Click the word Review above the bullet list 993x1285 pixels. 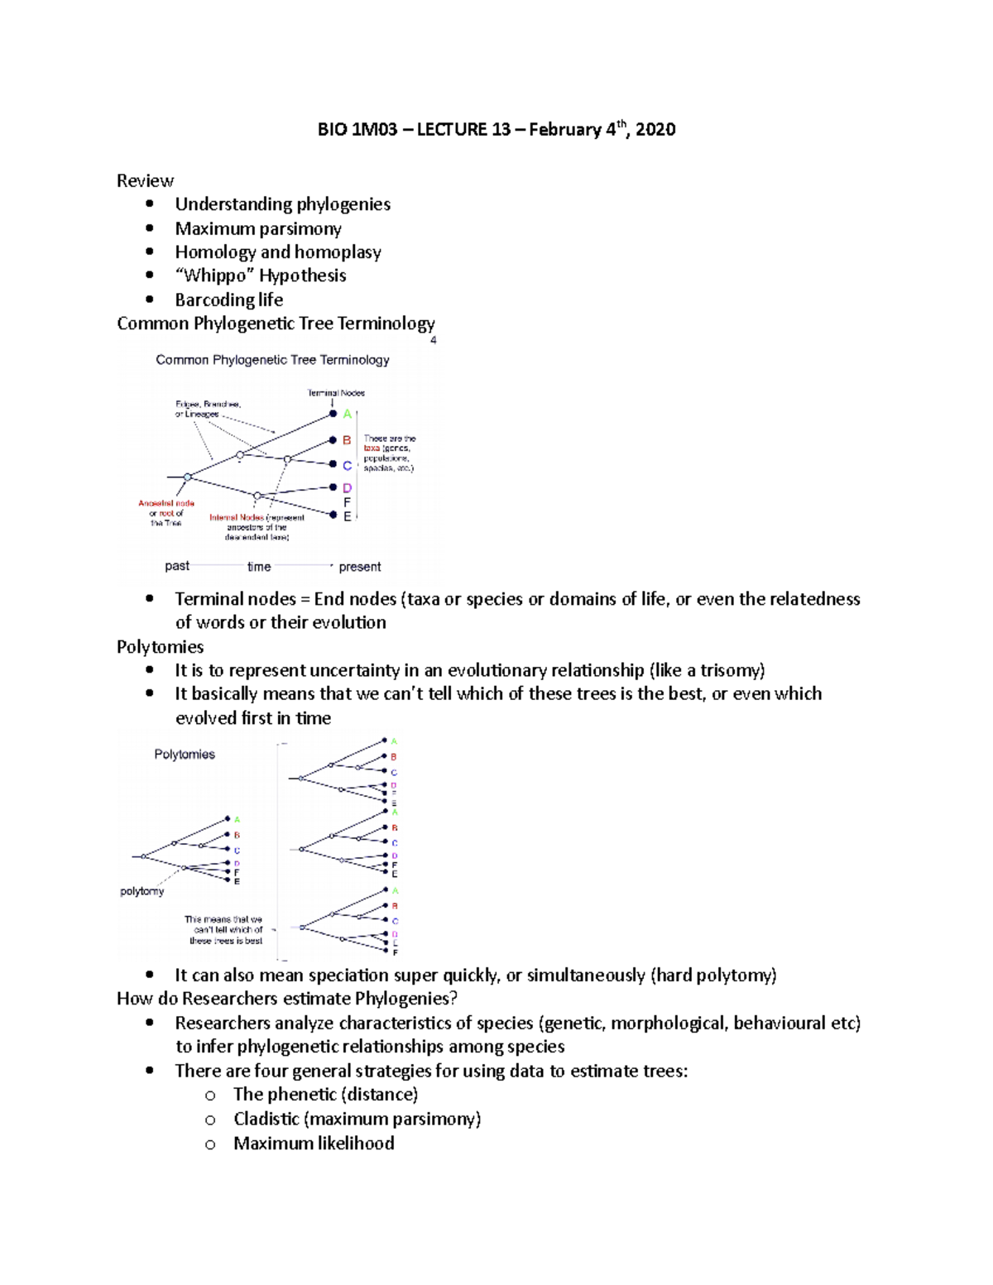(x=145, y=180)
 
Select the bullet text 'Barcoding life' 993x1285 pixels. (x=228, y=300)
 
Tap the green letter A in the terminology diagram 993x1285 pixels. (x=348, y=414)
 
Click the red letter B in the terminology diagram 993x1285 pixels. (x=347, y=440)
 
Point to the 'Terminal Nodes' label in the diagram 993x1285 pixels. (x=336, y=393)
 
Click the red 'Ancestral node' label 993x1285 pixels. (x=166, y=503)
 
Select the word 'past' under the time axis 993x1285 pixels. (x=177, y=566)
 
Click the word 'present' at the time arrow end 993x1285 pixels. (x=360, y=567)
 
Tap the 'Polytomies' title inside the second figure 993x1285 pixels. (x=185, y=755)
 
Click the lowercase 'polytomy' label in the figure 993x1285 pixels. (x=142, y=891)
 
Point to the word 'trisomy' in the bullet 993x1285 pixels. (x=728, y=670)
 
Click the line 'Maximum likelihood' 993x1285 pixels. (x=314, y=1144)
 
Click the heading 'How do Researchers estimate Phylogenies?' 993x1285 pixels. (x=287, y=999)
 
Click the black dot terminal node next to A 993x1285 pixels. (x=333, y=414)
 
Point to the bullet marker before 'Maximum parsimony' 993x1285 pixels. (x=150, y=228)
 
